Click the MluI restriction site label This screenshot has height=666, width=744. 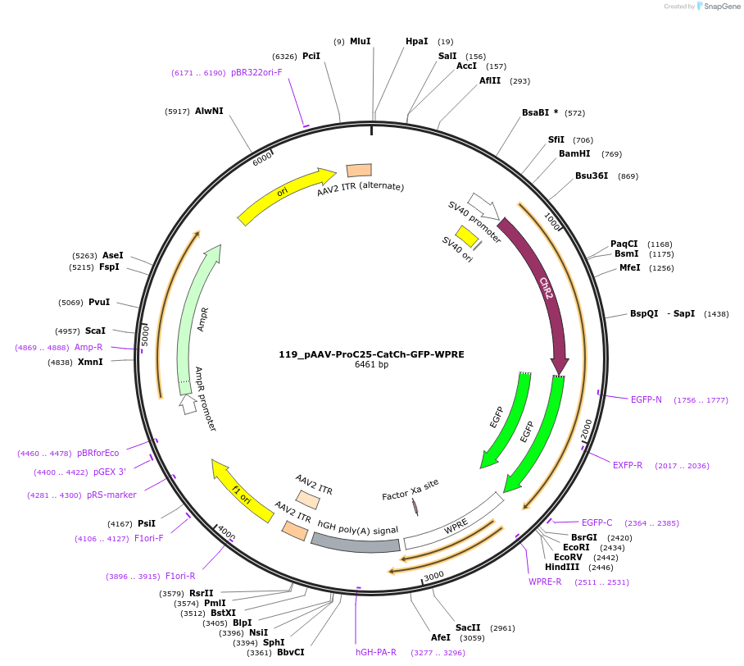click(x=360, y=41)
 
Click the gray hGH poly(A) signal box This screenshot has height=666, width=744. click(x=356, y=537)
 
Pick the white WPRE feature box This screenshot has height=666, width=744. click(x=454, y=522)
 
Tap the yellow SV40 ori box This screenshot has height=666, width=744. click(x=466, y=236)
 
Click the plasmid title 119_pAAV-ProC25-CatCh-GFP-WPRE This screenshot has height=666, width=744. click(x=371, y=354)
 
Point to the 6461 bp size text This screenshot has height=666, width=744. click(x=371, y=365)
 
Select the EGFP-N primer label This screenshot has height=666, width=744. click(x=646, y=399)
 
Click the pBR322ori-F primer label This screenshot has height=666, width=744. click(x=256, y=72)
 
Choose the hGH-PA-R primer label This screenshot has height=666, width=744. click(x=376, y=652)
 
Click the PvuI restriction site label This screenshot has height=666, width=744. click(x=99, y=302)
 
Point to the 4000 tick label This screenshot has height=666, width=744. click(x=226, y=535)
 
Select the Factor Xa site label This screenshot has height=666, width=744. click(x=411, y=490)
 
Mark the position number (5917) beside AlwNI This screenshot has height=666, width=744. click(x=177, y=111)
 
